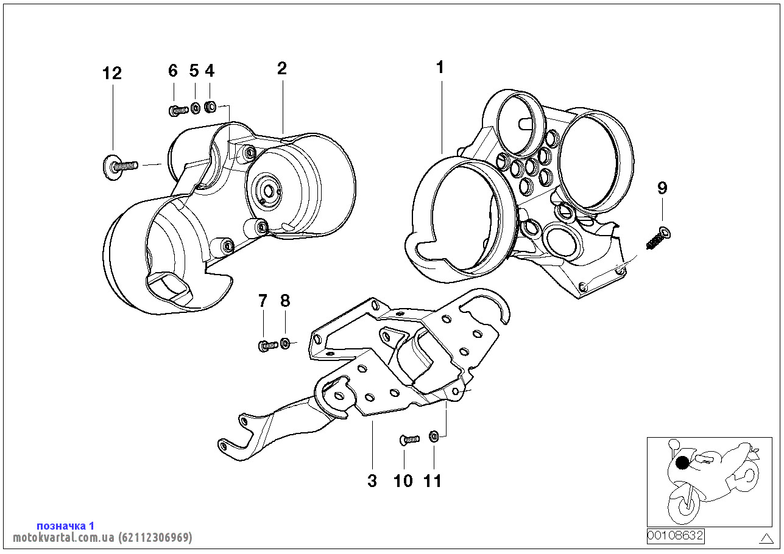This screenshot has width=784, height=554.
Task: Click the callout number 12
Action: tap(112, 74)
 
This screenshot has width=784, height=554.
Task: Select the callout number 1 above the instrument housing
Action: tap(440, 68)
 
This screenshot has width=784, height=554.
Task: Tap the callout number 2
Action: tap(281, 68)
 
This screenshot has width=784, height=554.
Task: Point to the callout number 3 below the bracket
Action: tap(372, 481)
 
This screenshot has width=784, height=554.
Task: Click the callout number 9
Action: tap(662, 188)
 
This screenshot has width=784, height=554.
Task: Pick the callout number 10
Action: tap(403, 481)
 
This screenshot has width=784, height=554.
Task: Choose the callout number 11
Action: tap(433, 481)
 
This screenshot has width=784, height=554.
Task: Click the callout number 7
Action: tap(263, 300)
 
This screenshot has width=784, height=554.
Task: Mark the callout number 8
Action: tap(285, 300)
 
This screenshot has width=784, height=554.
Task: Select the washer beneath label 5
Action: tap(196, 109)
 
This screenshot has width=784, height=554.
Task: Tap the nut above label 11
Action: tap(434, 436)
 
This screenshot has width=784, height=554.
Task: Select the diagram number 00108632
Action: tap(675, 536)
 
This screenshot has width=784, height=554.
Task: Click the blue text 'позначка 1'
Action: tap(65, 525)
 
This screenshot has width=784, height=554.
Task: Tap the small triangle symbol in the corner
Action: tap(766, 538)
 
